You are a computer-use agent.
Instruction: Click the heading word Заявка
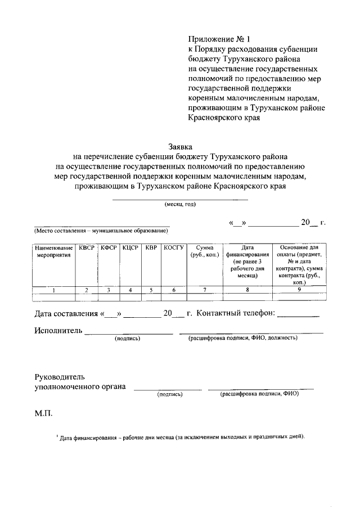181,146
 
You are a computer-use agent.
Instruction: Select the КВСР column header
87,247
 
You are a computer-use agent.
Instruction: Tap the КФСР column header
108,247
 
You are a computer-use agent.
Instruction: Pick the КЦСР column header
130,247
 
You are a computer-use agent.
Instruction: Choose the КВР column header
151,247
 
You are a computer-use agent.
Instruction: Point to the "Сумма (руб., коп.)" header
205,251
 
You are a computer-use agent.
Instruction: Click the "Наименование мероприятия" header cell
53,251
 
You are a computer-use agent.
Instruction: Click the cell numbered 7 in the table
205,290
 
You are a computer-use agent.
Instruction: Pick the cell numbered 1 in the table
53,290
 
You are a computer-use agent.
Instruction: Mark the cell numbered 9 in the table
299,290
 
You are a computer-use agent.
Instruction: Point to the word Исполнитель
58,330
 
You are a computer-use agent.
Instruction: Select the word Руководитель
60,375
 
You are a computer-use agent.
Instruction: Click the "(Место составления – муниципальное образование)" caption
101,231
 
